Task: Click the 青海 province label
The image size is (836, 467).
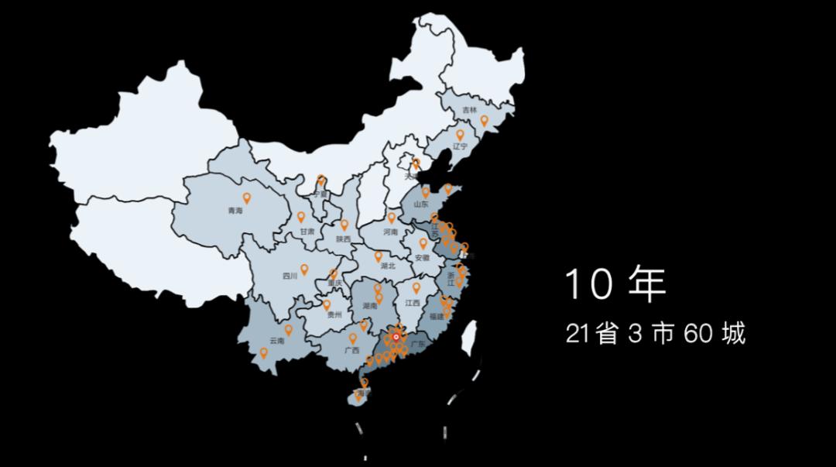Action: [235, 211]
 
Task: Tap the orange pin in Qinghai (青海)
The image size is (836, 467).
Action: [247, 197]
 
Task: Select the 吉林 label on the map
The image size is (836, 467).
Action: [470, 111]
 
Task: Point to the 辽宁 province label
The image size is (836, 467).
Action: [461, 146]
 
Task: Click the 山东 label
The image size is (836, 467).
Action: [421, 204]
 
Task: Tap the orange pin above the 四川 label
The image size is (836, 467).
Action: [304, 270]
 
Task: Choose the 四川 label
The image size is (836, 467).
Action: [290, 276]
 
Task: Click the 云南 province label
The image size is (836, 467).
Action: [276, 341]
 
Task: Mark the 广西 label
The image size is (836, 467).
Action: [352, 350]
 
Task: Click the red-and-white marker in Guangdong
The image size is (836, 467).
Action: [396, 337]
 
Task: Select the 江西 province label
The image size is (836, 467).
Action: [412, 303]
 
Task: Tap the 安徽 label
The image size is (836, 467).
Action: [422, 257]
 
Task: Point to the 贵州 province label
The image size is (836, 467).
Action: [334, 315]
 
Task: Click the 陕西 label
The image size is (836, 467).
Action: [344, 239]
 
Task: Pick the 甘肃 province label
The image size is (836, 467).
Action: [307, 232]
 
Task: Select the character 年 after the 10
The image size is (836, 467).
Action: [646, 284]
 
